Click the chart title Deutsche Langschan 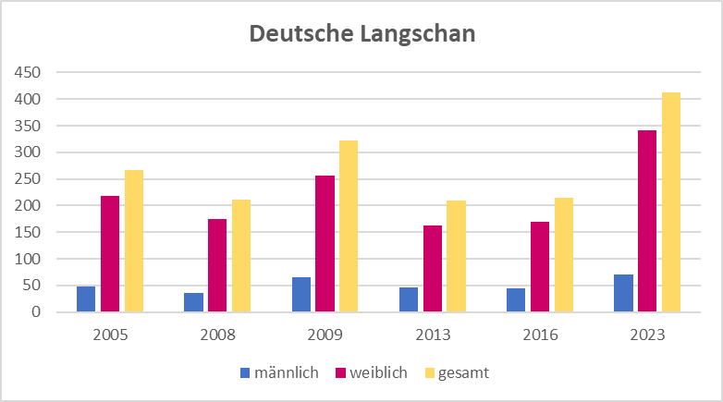pos(361,34)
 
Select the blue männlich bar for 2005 pos(86,299)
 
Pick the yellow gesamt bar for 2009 pos(349,226)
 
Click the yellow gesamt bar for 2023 pos(671,202)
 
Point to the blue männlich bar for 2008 pos(193,302)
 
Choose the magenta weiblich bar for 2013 pos(433,269)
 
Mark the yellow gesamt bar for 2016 pos(564,255)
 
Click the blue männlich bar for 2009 pos(301,295)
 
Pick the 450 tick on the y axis pos(29,72)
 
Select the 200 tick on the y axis pos(29,206)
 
